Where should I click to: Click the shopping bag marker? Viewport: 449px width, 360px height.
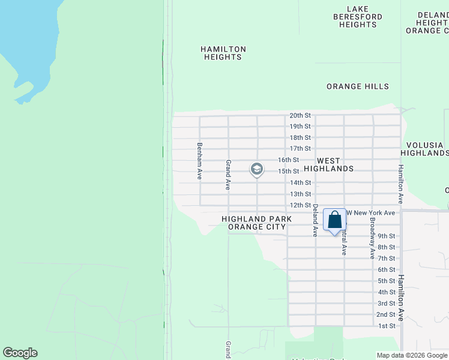point(335,220)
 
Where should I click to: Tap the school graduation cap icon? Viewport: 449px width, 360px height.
point(256,170)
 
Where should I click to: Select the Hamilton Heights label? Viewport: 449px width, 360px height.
point(223,53)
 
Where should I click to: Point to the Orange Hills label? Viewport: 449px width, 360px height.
point(358,86)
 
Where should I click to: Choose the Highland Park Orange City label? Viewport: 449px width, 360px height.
point(256,223)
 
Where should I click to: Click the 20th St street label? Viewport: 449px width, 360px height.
point(300,115)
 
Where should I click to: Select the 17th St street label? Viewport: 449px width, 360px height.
point(300,148)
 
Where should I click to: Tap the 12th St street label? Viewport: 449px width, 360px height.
point(300,205)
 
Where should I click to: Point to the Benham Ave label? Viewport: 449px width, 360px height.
point(200,161)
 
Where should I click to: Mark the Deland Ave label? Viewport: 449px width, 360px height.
point(315,220)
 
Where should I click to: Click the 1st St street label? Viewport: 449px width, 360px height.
point(387,326)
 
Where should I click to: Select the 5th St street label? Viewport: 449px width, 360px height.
point(386,281)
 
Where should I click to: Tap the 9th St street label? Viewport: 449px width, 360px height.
point(386,236)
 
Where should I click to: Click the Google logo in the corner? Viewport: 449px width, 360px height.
point(20,353)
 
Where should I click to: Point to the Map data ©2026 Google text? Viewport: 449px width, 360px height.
point(412,355)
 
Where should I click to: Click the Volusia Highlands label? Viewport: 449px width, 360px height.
point(424,149)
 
